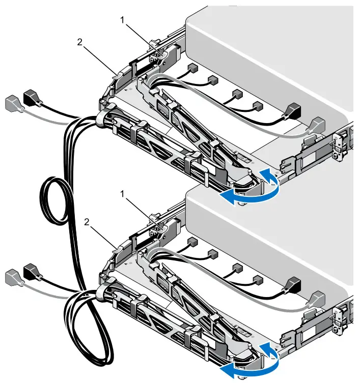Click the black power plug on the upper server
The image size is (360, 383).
coord(293,111)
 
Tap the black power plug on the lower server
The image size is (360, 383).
coord(293,284)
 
